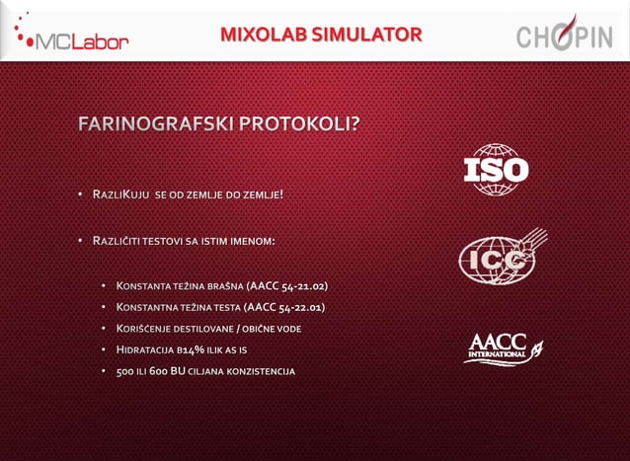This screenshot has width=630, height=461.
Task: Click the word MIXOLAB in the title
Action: click(264, 37)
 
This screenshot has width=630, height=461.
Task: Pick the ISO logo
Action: click(496, 170)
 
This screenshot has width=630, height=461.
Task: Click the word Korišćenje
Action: click(150, 329)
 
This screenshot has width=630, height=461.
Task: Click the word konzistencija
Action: click(260, 371)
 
